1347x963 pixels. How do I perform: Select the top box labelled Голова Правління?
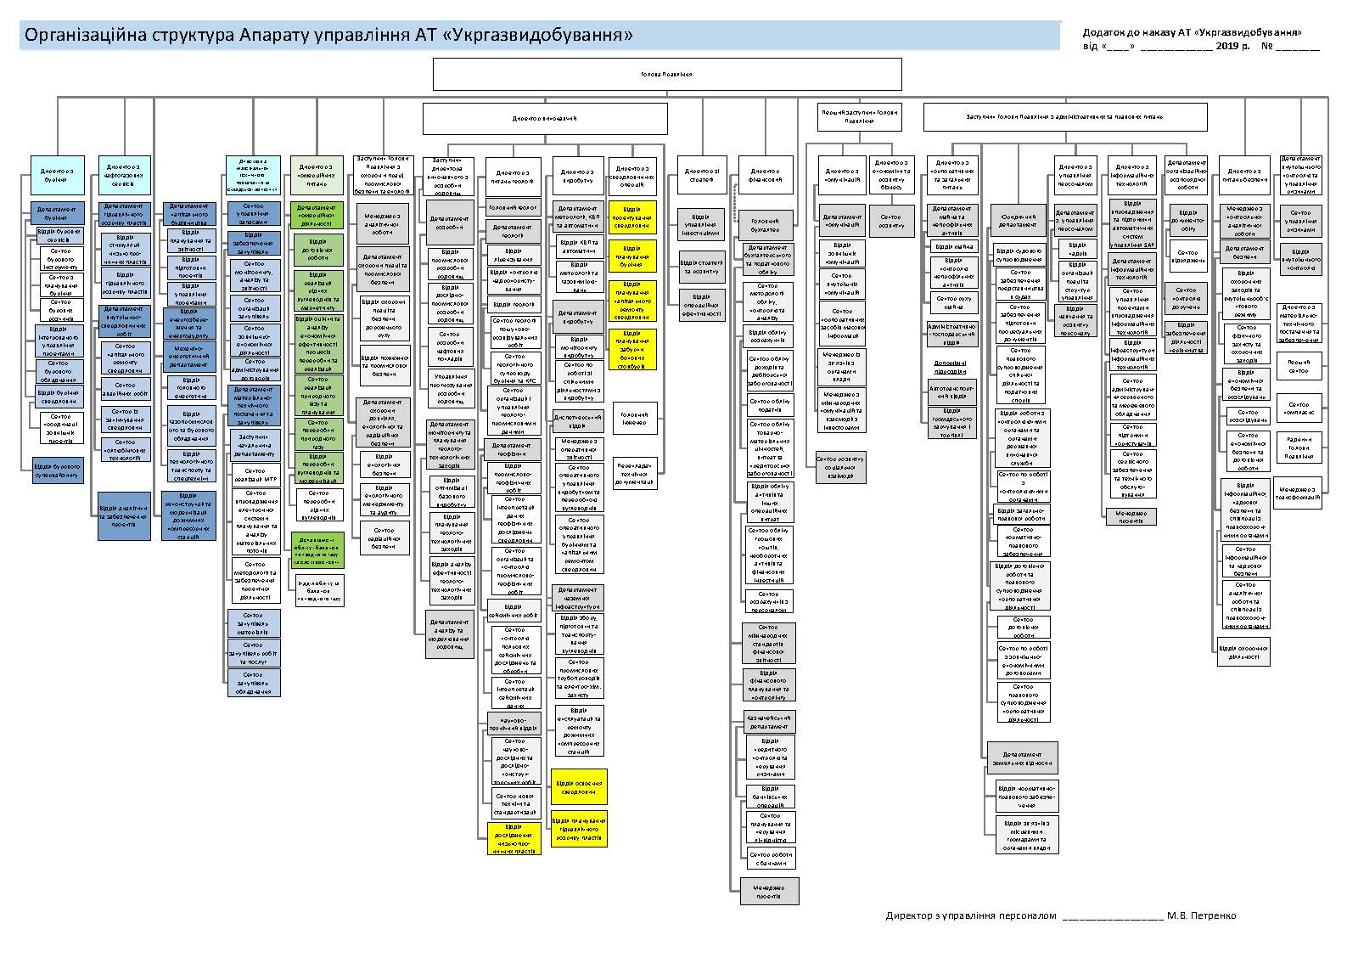click(x=667, y=74)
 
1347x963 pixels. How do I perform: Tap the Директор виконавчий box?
click(x=545, y=119)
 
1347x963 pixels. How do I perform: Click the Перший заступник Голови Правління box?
click(x=859, y=116)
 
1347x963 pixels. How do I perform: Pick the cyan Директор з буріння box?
click(x=57, y=176)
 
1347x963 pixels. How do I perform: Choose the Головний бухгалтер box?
click(x=766, y=225)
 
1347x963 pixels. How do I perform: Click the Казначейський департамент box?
click(x=770, y=722)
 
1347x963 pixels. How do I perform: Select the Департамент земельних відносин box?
click(x=1022, y=758)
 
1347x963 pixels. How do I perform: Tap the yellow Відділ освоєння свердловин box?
click(x=579, y=786)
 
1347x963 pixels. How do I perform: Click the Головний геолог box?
click(x=514, y=207)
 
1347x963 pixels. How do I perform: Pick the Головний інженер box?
click(x=634, y=418)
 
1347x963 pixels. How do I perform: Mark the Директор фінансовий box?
click(x=766, y=176)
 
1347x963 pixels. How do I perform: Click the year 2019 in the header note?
click(x=1227, y=46)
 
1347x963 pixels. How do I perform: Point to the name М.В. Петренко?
click(x=1201, y=915)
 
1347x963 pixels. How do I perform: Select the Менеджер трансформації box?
click(x=1299, y=493)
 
